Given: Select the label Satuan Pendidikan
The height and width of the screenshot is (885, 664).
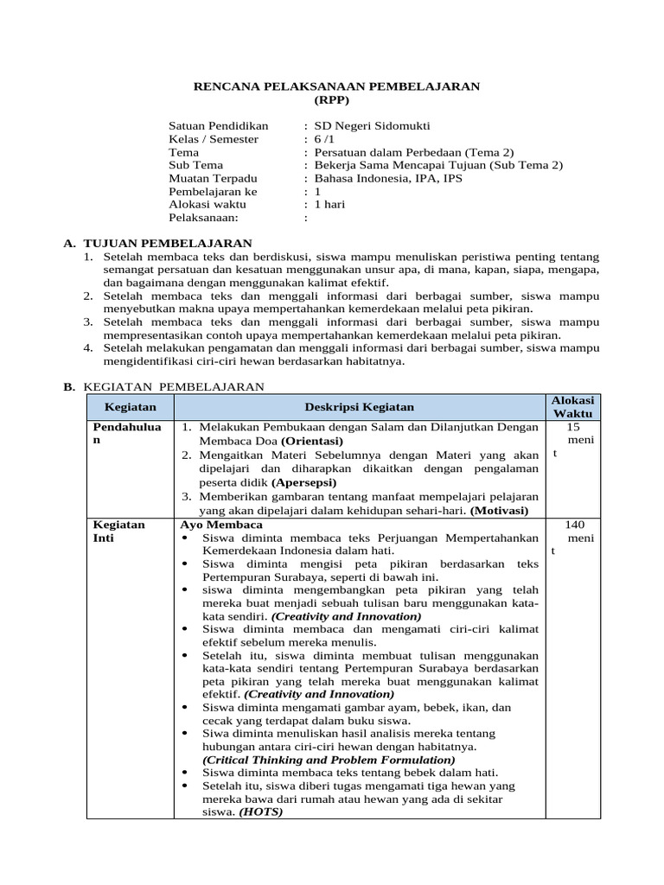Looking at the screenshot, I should tap(219, 126).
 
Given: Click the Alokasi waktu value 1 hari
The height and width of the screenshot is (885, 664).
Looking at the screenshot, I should tap(329, 204).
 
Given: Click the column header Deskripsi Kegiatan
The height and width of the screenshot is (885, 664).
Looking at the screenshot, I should tap(359, 406).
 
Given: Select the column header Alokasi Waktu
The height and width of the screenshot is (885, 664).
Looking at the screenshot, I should tap(573, 407).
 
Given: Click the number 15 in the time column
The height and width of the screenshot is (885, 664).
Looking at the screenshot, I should tap(573, 426).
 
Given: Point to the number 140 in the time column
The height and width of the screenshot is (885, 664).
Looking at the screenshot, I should tap(575, 524).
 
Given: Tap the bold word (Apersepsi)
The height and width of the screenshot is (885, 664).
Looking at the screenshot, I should tap(304, 481).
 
